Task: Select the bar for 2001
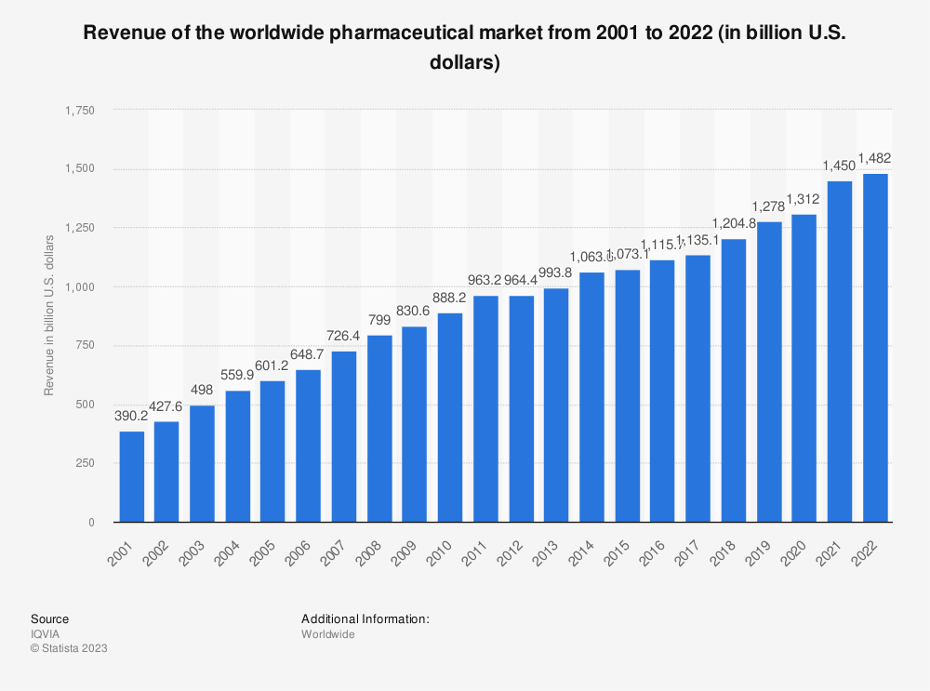click(x=131, y=476)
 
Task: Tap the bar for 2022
click(x=875, y=348)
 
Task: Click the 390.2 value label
click(x=131, y=417)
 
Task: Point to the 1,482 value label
click(x=875, y=158)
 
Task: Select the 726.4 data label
click(x=344, y=336)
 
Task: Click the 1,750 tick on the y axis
click(x=80, y=110)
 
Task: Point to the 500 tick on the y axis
click(x=86, y=405)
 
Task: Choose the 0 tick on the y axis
click(x=91, y=523)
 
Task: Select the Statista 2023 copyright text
click(x=69, y=649)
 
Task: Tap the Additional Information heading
click(x=365, y=618)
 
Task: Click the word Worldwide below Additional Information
click(x=327, y=634)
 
